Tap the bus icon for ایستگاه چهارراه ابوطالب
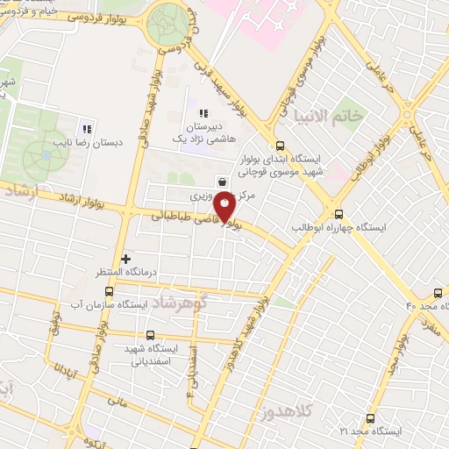tap(339, 213)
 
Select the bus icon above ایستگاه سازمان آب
tap(109, 290)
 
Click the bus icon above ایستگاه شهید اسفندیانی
tap(150, 334)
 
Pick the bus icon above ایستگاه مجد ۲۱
tap(370, 417)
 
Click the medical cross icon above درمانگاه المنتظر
tap(127, 259)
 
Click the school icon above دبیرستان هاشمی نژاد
tap(203, 114)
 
